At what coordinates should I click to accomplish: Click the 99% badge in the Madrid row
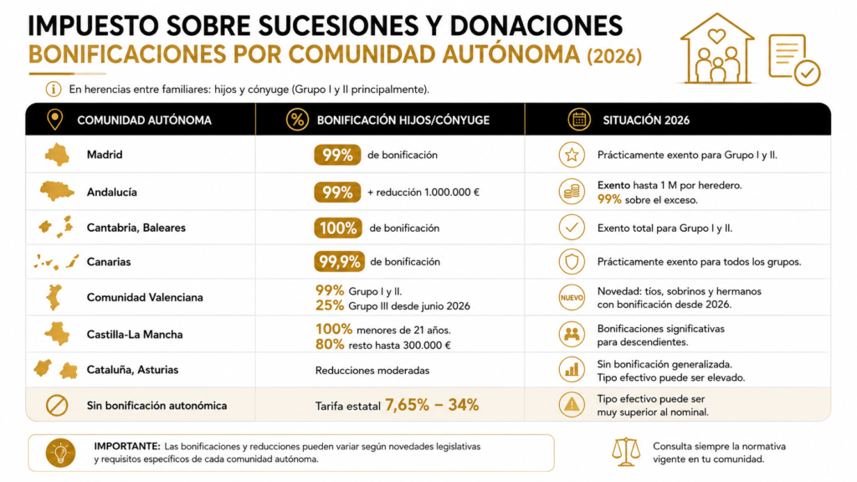pyautogui.click(x=337, y=155)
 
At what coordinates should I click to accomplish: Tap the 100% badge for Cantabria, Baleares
pyautogui.click(x=338, y=228)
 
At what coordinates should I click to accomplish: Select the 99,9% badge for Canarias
pyautogui.click(x=339, y=262)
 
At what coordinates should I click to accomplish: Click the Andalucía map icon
pyautogui.click(x=57, y=192)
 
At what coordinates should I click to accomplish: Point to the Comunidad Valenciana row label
pyautogui.click(x=145, y=297)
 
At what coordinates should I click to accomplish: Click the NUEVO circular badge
pyautogui.click(x=572, y=297)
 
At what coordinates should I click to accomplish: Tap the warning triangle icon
pyautogui.click(x=572, y=405)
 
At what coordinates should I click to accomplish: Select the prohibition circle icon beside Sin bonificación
pyautogui.click(x=57, y=406)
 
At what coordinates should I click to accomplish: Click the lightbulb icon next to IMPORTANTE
pyautogui.click(x=60, y=453)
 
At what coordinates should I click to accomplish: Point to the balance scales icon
pyautogui.click(x=626, y=452)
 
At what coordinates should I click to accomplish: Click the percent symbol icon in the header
pyautogui.click(x=297, y=120)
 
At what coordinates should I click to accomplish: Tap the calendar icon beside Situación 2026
pyautogui.click(x=579, y=120)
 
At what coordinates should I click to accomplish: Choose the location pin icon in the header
pyautogui.click(x=54, y=119)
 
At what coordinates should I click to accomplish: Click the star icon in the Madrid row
pyautogui.click(x=572, y=155)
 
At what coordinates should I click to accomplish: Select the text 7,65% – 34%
pyautogui.click(x=432, y=405)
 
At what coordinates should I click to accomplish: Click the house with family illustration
pyautogui.click(x=717, y=49)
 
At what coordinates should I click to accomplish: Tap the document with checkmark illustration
pyautogui.click(x=794, y=59)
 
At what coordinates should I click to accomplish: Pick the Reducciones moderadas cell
pyautogui.click(x=372, y=371)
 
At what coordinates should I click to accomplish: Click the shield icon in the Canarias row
pyautogui.click(x=572, y=262)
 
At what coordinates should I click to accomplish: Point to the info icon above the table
pyautogui.click(x=53, y=89)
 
